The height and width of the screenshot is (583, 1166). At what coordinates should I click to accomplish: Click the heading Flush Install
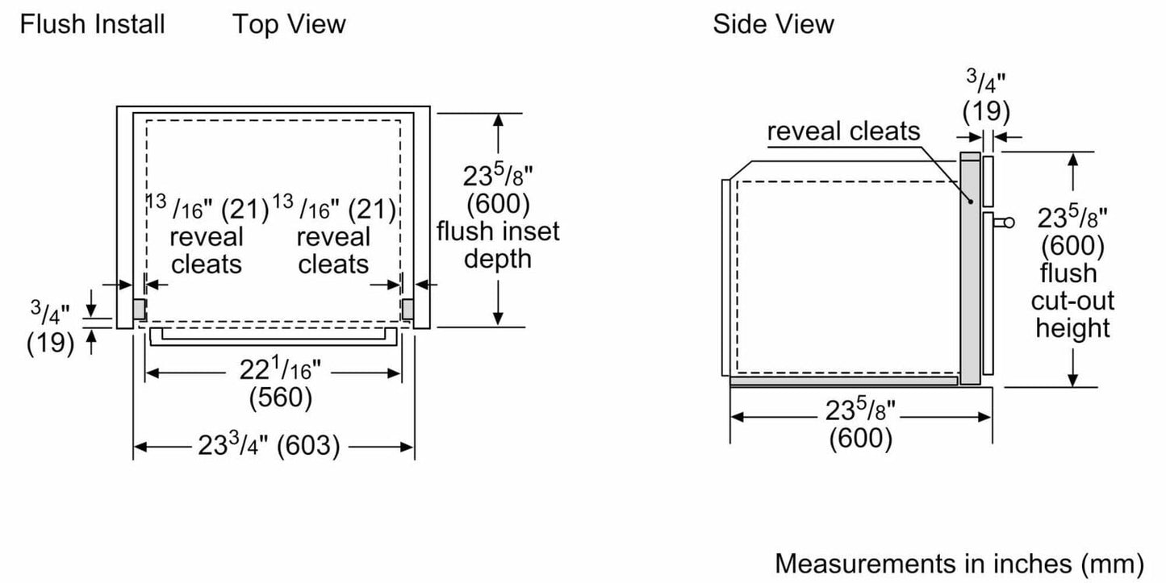(x=92, y=24)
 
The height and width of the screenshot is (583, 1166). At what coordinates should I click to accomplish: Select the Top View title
(x=289, y=24)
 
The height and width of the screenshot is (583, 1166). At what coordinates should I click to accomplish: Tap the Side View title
(x=772, y=24)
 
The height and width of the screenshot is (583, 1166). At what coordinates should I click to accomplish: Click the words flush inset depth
(x=498, y=245)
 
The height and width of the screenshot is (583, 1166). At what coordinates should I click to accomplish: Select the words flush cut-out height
(x=1072, y=301)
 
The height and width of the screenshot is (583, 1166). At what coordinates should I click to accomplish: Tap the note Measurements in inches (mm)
(x=959, y=561)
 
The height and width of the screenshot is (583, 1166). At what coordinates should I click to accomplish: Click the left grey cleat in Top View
(x=139, y=308)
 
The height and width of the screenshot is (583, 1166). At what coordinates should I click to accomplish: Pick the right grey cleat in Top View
(x=407, y=308)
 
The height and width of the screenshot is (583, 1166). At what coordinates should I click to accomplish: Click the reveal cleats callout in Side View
(x=843, y=131)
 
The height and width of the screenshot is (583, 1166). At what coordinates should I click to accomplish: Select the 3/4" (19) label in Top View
(x=50, y=327)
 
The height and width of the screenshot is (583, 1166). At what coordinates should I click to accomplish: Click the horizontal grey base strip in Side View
(x=843, y=380)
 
